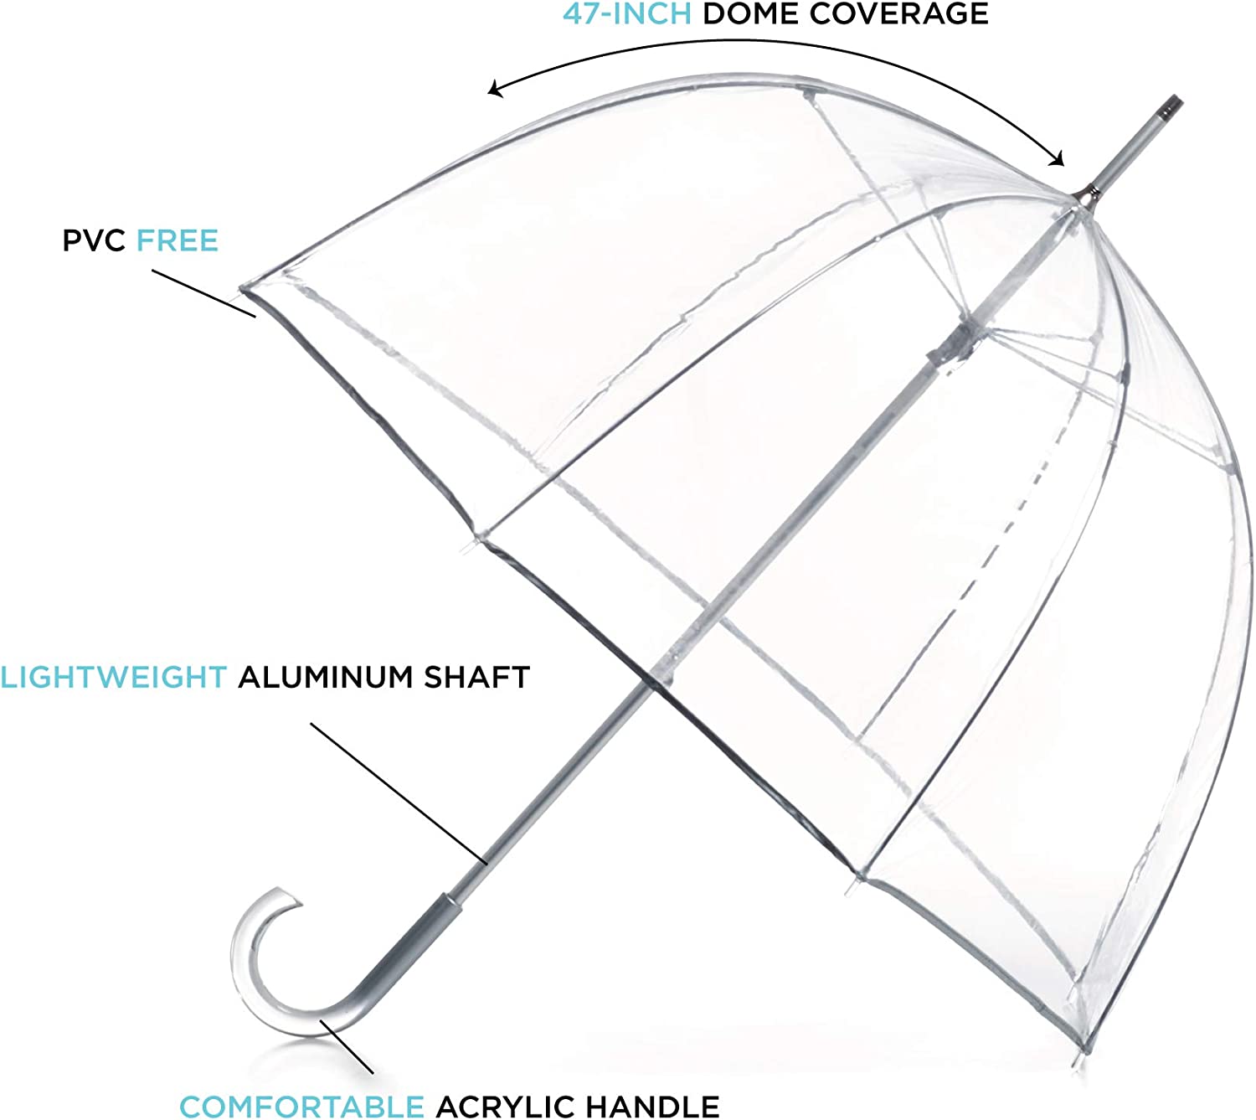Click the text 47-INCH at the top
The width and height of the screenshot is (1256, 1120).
(627, 13)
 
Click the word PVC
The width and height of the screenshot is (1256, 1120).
(94, 241)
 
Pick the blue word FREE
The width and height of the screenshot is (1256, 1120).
(178, 241)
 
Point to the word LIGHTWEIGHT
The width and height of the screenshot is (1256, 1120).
(114, 677)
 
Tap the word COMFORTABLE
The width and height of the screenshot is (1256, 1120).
(301, 1107)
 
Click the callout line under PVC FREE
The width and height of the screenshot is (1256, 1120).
(203, 293)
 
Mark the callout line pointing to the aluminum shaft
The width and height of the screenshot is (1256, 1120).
(399, 792)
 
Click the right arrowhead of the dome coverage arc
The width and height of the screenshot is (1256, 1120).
(1058, 159)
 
